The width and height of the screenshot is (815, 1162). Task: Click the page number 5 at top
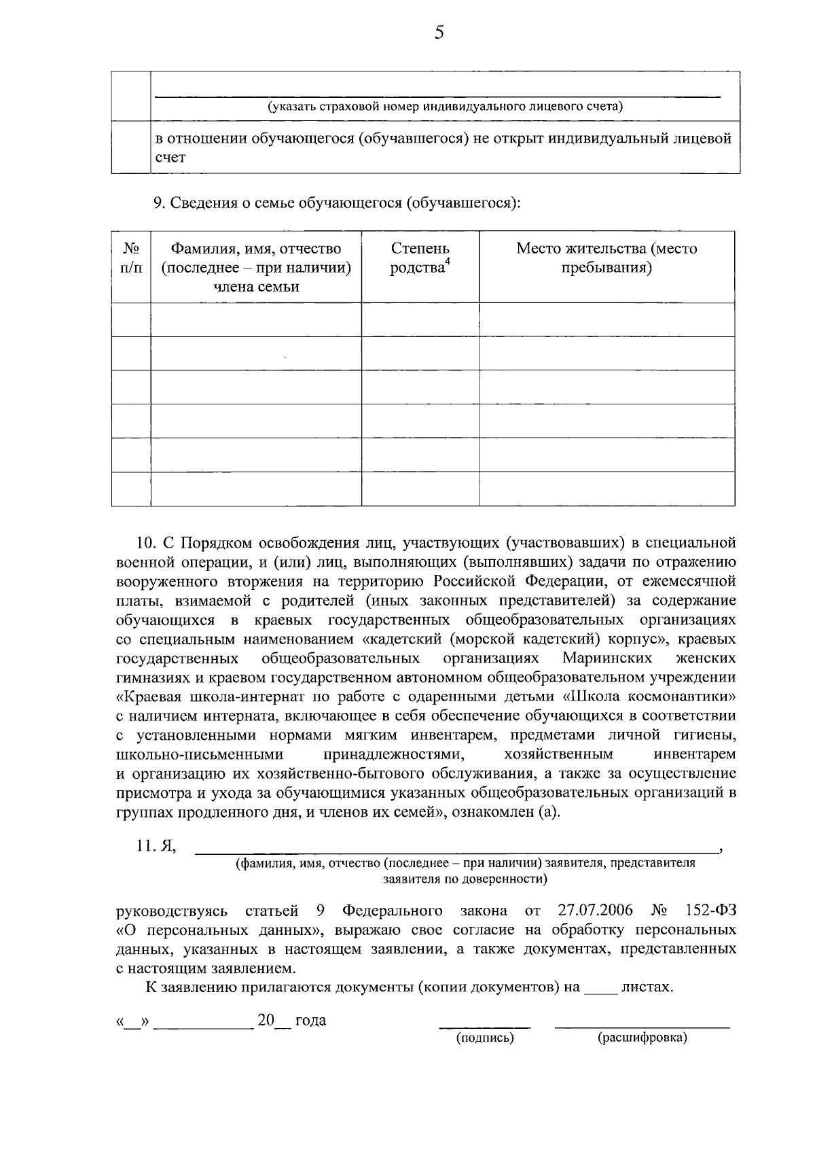click(439, 32)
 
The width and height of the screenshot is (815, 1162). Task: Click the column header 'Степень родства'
click(420, 258)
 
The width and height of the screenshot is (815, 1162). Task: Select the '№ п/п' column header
click(131, 258)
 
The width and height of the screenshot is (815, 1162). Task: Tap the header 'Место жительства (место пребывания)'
click(606, 258)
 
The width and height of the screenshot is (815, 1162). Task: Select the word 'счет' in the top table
click(170, 158)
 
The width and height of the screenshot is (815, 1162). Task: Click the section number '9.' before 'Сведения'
click(159, 203)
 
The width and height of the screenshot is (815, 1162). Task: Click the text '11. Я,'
click(157, 846)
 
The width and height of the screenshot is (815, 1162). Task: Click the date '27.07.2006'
click(595, 911)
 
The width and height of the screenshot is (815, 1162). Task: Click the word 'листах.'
click(647, 987)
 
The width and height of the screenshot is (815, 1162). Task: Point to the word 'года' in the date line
click(310, 1020)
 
